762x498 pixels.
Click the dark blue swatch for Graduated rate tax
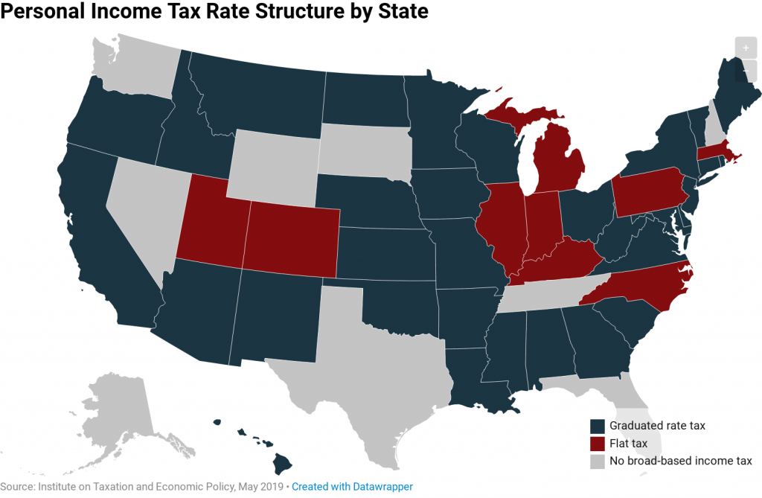tap(597, 426)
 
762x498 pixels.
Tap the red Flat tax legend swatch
tap(597, 444)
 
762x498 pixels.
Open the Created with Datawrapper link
tap(352, 486)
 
